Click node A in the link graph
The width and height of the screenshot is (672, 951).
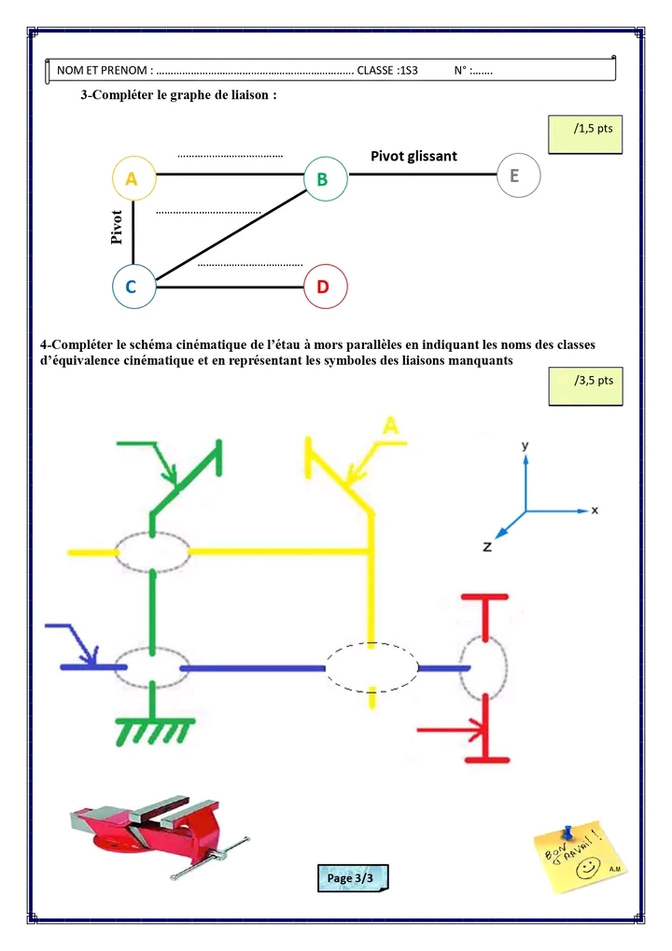click(x=132, y=178)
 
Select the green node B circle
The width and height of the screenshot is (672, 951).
click(x=325, y=178)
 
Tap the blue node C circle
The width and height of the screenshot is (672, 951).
click(x=132, y=287)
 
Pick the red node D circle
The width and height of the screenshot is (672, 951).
click(x=325, y=287)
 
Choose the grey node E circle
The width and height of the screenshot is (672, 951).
click(x=517, y=175)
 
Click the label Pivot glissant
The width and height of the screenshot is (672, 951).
click(x=413, y=156)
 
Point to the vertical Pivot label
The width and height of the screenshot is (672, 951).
click(x=117, y=227)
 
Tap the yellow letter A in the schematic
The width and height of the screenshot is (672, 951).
click(x=391, y=426)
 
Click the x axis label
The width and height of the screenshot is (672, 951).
click(x=595, y=510)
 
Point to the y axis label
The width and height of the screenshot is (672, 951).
click(x=525, y=446)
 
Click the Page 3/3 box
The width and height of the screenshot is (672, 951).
click(x=351, y=878)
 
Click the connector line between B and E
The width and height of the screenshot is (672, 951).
click(x=421, y=175)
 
